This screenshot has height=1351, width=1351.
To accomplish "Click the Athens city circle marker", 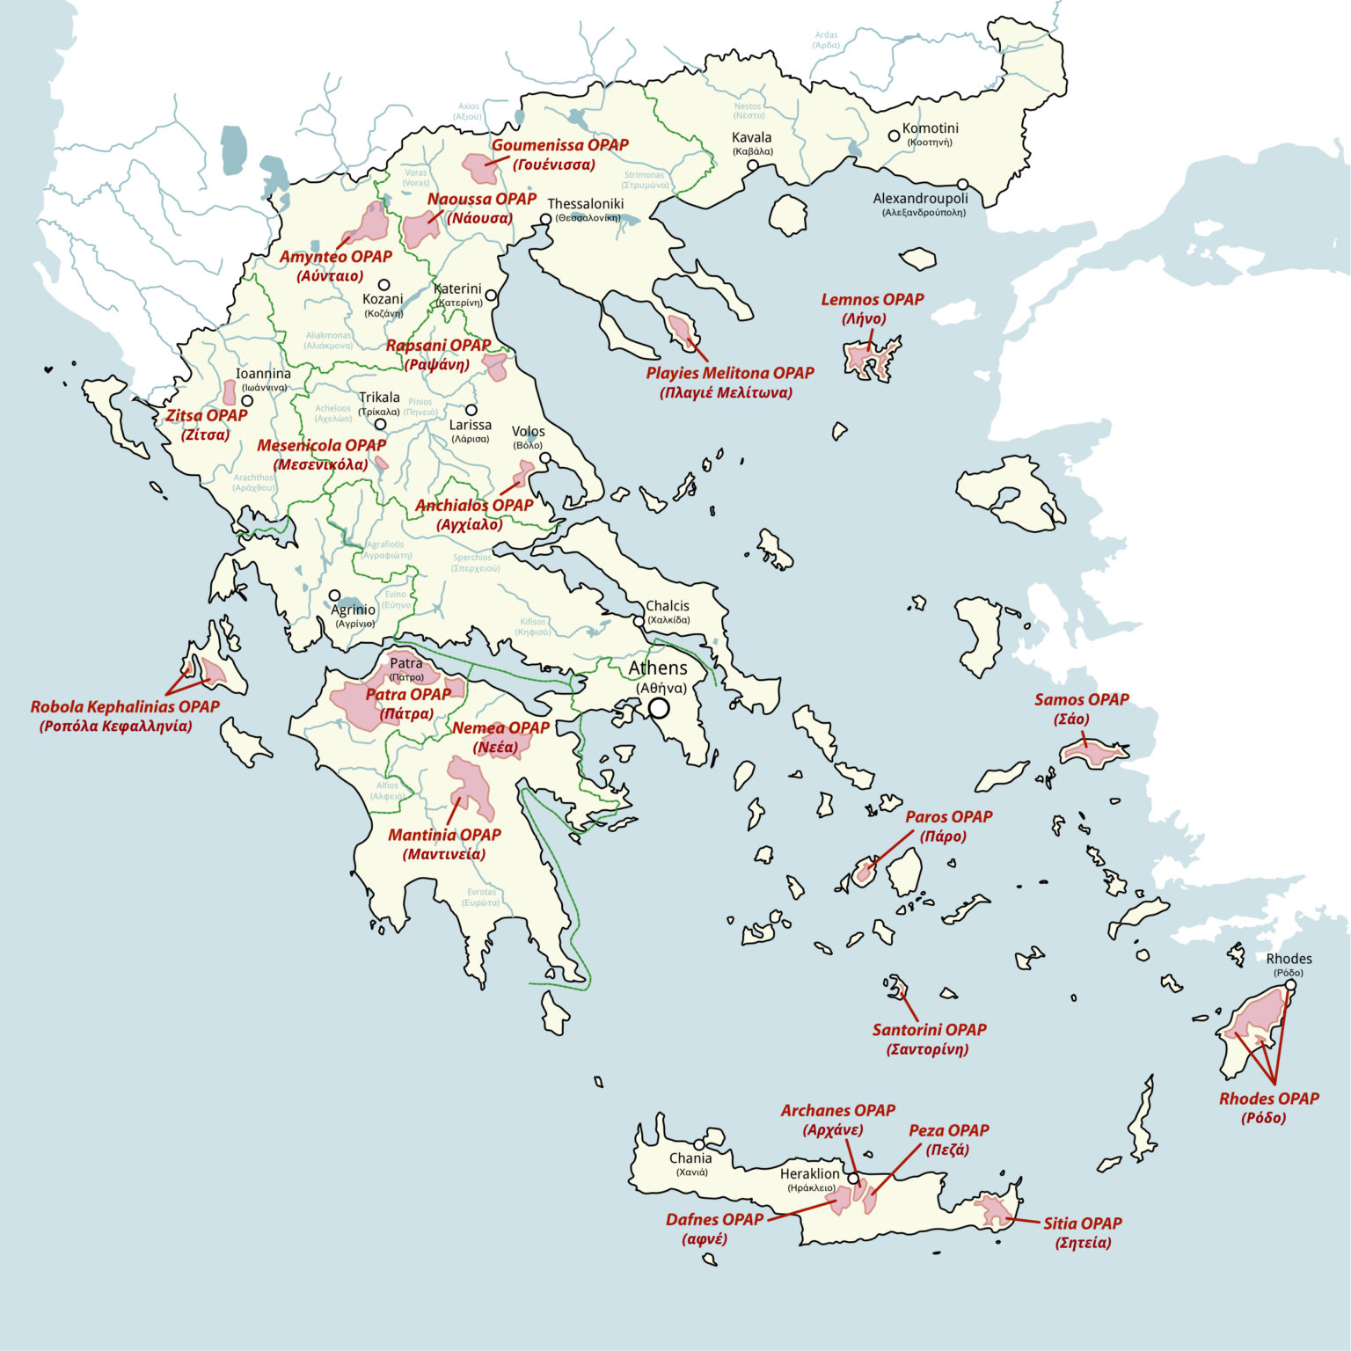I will coord(659,708).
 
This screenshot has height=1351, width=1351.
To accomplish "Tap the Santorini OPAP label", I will coord(929,1030).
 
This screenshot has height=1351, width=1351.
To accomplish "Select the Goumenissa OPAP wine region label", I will coord(559,145).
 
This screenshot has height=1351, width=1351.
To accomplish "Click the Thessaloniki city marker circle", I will coord(546,219).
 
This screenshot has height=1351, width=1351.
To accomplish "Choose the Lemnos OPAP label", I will coord(872,300).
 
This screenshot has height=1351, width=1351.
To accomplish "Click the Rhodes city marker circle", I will coord(1290,985).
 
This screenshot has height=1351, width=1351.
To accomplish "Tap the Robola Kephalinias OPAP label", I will coord(125,707).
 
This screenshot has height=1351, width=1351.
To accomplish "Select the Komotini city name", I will coord(930,128).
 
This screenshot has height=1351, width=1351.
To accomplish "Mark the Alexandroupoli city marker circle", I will coord(963,185).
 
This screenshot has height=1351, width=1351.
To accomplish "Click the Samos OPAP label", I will coord(1081,700).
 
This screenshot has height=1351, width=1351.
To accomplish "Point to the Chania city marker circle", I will coord(699,1145).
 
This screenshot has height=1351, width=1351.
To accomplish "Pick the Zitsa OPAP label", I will coord(207,416).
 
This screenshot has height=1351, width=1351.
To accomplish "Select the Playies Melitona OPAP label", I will coord(729,373).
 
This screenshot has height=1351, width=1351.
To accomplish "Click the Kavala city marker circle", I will coord(752,165).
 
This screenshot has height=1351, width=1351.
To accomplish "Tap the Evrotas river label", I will coord(482,893).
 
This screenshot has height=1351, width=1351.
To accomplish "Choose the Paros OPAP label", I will coord(948,817).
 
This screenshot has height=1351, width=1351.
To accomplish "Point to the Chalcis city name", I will coord(668,606).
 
